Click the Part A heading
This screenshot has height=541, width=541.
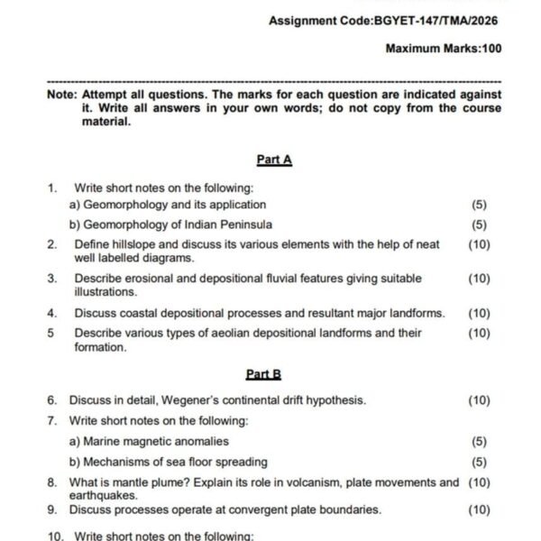point(274,160)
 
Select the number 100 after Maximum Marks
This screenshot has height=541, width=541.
point(491,48)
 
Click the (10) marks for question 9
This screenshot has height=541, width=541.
point(479,509)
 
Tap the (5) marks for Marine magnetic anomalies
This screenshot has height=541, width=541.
point(479,442)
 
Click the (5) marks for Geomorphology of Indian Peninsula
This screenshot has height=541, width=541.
point(479,225)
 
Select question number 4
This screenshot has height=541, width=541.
point(52,314)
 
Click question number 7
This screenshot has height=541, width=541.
point(52,421)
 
